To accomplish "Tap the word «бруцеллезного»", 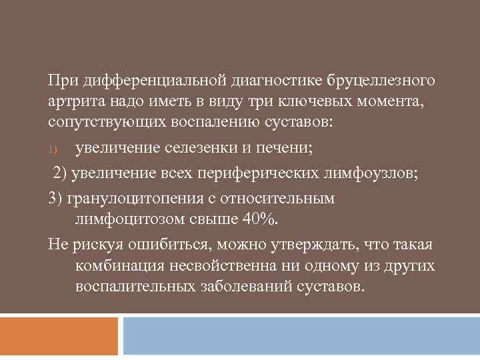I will (381, 81).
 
